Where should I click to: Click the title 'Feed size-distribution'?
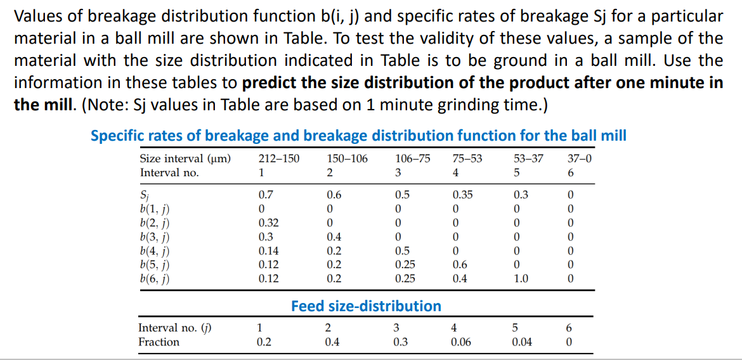pos(366,306)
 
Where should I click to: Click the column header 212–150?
pos(279,158)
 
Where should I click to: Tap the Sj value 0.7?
pos(266,195)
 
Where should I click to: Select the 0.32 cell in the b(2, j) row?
pos(268,222)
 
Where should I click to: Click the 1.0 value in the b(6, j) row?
pos(521,278)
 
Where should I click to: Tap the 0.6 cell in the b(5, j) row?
pos(461,264)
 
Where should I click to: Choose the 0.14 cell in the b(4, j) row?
pos(268,250)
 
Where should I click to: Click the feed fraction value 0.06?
pos(460,342)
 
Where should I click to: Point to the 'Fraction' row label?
pos(159,342)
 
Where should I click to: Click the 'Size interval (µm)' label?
pos(185,158)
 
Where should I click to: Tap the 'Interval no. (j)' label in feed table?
pos(174,328)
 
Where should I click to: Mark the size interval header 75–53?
pos(468,158)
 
